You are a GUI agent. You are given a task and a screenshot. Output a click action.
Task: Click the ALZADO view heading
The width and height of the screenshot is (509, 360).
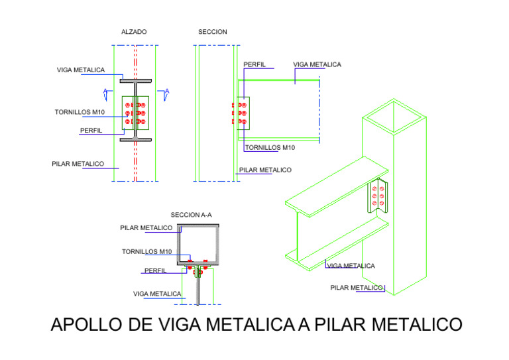(134, 32)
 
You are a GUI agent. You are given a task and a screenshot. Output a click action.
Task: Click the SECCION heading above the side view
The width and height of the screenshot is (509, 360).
(212, 32)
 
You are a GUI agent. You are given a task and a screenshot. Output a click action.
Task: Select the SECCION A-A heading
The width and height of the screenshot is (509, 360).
(191, 215)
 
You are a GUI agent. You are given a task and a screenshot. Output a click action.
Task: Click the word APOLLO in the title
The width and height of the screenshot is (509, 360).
(86, 325)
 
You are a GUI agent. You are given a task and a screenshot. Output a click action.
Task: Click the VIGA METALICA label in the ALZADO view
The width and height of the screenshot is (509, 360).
(80, 70)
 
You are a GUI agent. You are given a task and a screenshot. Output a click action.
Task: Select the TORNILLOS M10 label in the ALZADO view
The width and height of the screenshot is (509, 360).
(80, 112)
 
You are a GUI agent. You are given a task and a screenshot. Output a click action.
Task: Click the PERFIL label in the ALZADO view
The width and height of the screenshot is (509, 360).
(91, 131)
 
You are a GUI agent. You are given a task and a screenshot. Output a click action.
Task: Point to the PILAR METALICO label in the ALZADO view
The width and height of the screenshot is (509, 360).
(78, 163)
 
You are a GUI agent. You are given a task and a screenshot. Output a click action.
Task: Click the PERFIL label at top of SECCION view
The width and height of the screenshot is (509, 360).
(254, 65)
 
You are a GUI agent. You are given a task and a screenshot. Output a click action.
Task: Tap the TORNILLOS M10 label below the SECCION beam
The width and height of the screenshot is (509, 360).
(270, 147)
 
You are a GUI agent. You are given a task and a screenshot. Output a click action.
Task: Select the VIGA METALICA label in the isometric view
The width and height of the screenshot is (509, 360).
(351, 266)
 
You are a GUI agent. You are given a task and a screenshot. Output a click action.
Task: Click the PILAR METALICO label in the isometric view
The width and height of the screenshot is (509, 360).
(357, 288)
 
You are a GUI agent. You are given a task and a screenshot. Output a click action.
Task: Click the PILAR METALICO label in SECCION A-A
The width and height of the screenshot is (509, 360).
(146, 227)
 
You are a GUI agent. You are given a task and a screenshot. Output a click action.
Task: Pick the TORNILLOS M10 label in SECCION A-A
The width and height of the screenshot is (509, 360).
(146, 252)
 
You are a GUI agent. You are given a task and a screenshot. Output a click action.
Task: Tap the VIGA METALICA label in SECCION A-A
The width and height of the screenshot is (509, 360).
(157, 293)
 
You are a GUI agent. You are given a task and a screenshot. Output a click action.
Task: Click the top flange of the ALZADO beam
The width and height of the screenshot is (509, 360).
(135, 81)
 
